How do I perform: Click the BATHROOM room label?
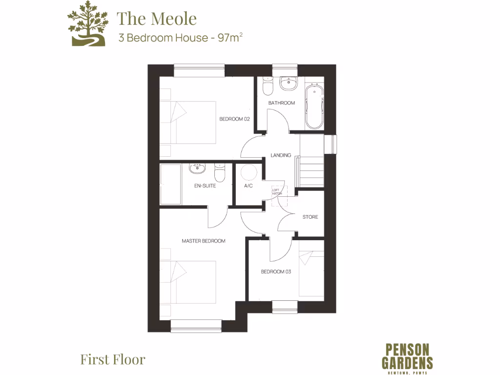282,103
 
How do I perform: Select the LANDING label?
281,155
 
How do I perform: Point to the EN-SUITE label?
205,186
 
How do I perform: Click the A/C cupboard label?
248,186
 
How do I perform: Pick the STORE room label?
310,217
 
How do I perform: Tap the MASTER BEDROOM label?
204,241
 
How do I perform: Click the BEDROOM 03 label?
276,271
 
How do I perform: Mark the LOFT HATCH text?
277,192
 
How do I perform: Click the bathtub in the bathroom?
314,106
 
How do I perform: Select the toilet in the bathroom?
268,86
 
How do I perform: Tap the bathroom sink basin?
288,83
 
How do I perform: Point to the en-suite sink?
197,169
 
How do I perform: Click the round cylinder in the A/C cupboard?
249,172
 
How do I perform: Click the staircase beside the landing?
312,168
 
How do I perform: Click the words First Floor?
113,360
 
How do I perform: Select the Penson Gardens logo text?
409,356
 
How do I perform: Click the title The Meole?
157,19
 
